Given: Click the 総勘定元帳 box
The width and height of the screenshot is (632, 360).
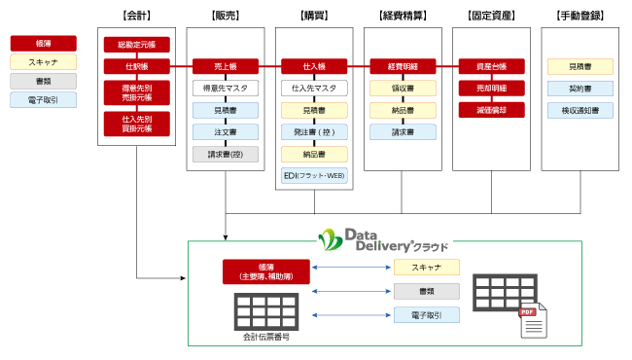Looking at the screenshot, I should pos(136,45).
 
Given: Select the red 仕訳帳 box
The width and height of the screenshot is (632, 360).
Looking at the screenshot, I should pos(136,66).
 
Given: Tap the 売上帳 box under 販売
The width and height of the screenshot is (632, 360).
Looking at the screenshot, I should pos(226,66).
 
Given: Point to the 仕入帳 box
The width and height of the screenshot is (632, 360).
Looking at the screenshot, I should pos(314,66).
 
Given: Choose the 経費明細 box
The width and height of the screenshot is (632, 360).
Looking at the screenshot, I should pos(403,66).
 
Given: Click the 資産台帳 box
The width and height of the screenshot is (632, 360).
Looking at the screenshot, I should pos(491,66).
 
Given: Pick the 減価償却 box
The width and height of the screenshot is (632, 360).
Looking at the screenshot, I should pos(491,109).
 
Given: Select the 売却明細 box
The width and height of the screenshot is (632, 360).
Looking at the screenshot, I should pos(491,88).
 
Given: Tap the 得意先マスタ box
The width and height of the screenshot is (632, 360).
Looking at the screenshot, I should pos(226,88).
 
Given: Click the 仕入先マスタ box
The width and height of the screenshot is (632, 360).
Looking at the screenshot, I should pos(314,88).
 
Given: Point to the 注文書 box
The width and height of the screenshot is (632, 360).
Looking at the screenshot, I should pos(226,131).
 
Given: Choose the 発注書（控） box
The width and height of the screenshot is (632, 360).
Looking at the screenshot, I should pos(314,131).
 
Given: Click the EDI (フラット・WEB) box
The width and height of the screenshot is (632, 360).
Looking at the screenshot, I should pos(314,175).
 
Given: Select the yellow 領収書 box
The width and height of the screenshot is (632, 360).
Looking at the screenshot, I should pos(403,88).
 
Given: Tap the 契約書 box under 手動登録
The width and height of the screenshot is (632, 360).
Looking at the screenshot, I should pos(579,88).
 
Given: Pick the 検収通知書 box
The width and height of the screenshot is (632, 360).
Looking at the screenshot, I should pos(579,110).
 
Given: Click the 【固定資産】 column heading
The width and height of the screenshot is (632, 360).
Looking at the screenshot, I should pos(491,16).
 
